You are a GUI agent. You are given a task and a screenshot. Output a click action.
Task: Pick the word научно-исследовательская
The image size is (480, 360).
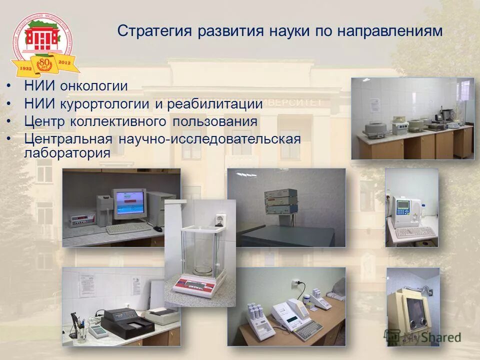click(x=209, y=138)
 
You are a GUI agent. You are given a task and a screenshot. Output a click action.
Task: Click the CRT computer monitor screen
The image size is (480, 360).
click(x=129, y=202)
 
